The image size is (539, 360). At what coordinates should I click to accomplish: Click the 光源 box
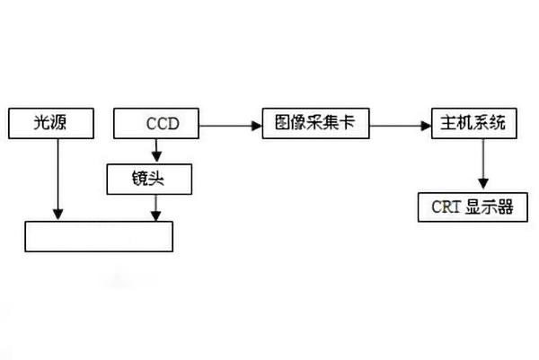click(x=51, y=124)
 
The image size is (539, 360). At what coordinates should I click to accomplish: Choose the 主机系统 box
click(x=473, y=123)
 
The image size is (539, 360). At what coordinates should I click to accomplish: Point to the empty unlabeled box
click(x=98, y=235)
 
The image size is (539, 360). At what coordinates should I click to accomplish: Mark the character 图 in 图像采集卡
click(x=280, y=123)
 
